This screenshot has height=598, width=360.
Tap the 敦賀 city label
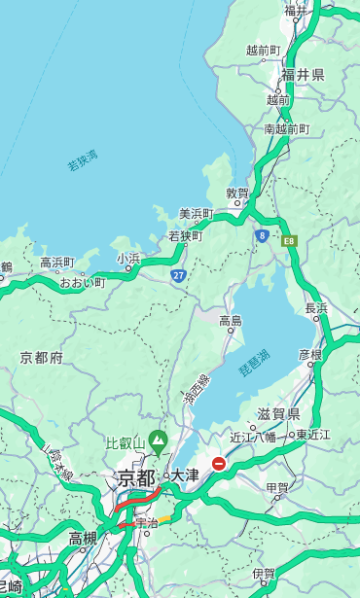tap(238, 193)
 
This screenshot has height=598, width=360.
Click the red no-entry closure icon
tap(220, 464)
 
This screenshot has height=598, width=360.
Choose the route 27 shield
tap(178, 275)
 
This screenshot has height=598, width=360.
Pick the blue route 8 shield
tap(263, 235)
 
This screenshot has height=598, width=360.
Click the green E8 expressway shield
tap(289, 239)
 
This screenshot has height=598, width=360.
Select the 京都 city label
tap(136, 477)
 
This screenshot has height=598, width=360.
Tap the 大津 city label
tap(185, 475)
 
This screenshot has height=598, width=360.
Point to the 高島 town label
tap(231, 320)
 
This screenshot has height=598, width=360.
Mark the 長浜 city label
tap(316, 308)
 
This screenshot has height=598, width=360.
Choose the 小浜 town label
tap(128, 258)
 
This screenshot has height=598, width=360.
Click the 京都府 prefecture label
tap(41, 358)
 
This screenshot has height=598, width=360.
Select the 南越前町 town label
tap(287, 128)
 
